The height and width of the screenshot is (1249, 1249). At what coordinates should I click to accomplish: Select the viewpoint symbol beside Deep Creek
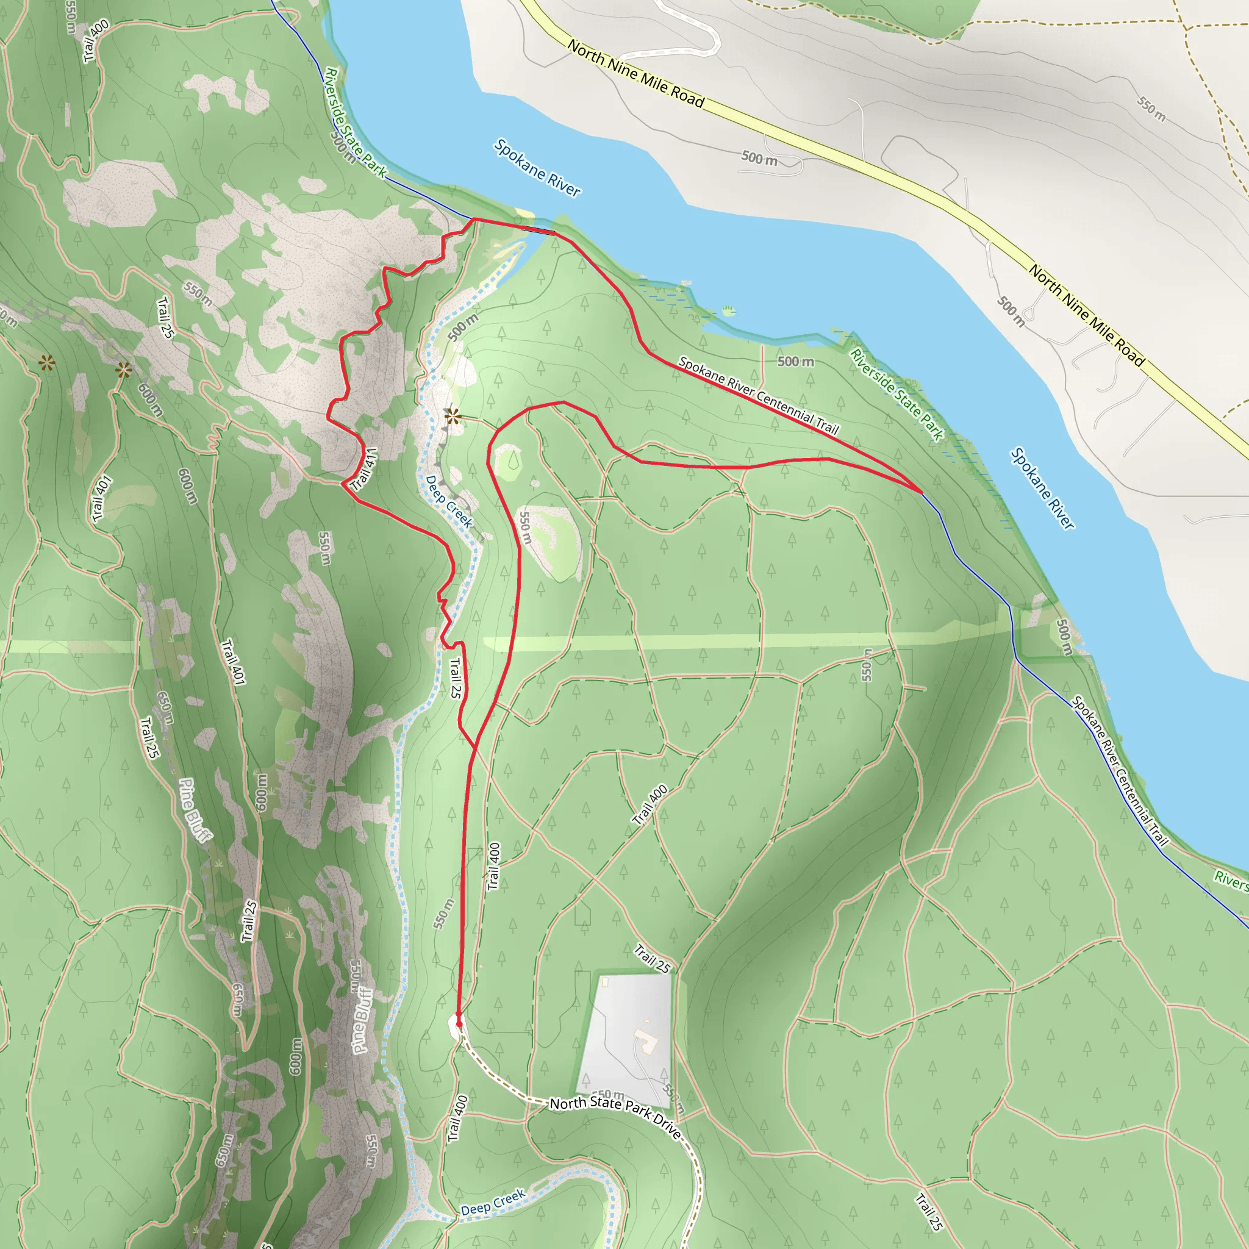pos(453,417)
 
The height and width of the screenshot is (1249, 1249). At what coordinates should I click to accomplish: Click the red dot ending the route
pos(459,1024)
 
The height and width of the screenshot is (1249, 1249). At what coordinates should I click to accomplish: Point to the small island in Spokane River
pos(729,311)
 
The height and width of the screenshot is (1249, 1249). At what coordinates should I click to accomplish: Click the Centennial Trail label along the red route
pos(758,396)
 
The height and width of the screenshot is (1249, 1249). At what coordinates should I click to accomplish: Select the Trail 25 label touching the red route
pos(456,678)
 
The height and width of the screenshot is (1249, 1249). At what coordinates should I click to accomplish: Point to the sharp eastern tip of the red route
pos(922,493)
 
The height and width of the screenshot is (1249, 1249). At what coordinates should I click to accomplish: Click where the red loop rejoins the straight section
pos(476,749)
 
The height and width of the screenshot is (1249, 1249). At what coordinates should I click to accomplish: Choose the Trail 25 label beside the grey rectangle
pos(652,959)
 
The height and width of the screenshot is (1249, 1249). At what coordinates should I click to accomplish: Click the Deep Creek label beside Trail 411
pos(449,503)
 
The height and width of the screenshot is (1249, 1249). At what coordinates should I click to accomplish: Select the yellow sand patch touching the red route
pos(525,214)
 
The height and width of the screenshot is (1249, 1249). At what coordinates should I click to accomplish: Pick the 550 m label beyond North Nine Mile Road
pos(1151,109)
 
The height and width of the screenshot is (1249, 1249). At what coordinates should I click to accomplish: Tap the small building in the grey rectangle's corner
pos(605,982)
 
